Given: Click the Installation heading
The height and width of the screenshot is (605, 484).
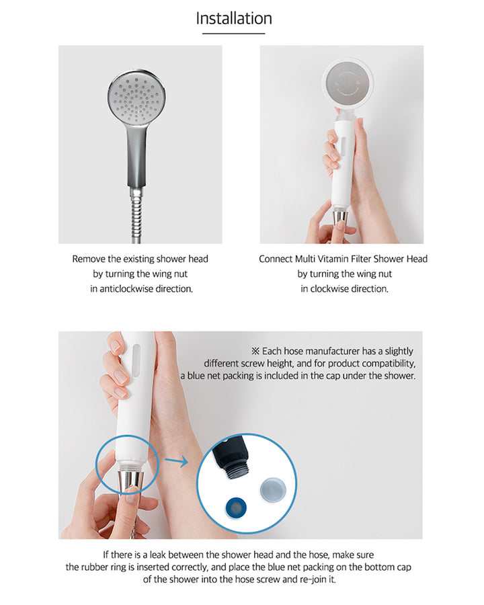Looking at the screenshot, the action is pyautogui.click(x=234, y=18).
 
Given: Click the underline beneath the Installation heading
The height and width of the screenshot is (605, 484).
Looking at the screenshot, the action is pyautogui.click(x=234, y=33).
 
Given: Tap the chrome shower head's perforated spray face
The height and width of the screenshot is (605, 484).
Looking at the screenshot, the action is pyautogui.click(x=137, y=98).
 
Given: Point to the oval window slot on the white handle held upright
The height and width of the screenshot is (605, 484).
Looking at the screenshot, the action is pyautogui.click(x=342, y=148).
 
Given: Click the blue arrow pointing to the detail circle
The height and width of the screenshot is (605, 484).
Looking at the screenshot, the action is pyautogui.click(x=176, y=460).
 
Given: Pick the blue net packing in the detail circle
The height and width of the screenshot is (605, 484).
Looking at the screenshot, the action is pyautogui.click(x=236, y=507).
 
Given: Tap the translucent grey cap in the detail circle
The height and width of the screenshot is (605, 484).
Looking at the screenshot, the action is pyautogui.click(x=273, y=490).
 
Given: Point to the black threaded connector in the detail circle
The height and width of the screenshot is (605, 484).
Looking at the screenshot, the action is pyautogui.click(x=232, y=458).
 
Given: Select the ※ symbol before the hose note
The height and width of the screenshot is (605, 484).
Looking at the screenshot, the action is pyautogui.click(x=255, y=351).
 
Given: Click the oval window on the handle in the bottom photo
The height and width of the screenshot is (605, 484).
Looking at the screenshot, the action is pyautogui.click(x=136, y=359).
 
